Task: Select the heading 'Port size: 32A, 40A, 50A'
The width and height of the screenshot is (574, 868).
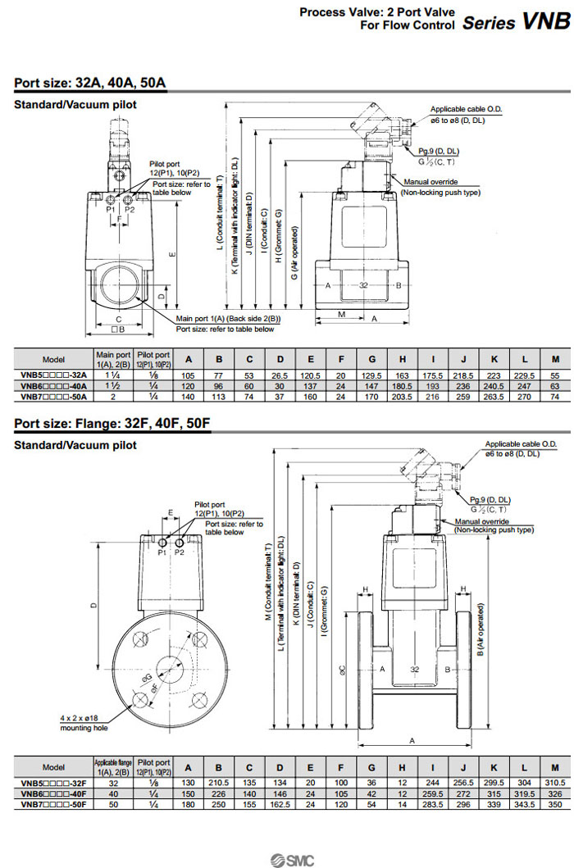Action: [x=90, y=83]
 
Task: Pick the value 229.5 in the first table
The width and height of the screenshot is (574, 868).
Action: [x=525, y=374]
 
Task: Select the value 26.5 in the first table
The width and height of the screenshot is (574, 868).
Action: [x=280, y=374]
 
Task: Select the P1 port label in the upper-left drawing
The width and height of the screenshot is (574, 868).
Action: [x=112, y=210]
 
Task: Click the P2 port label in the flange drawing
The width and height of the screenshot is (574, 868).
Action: [x=180, y=552]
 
